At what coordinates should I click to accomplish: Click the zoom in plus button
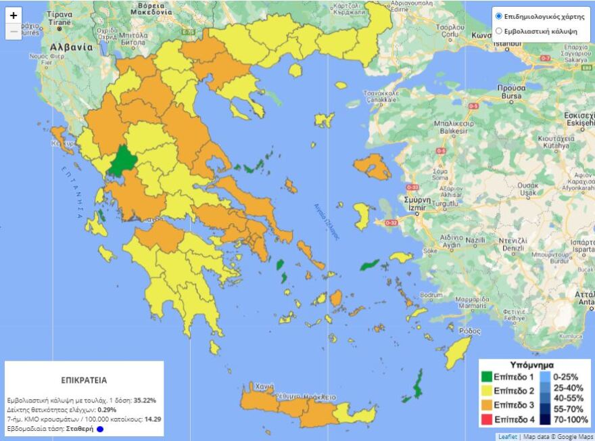click(14, 16)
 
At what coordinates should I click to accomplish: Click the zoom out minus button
click(14, 32)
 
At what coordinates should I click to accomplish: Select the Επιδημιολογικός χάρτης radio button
click(499, 16)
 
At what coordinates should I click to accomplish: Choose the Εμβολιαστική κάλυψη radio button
click(499, 31)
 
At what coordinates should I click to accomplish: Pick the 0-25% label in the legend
click(567, 377)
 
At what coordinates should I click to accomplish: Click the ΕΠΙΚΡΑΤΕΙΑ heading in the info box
click(84, 380)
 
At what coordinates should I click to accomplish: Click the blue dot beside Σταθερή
click(99, 429)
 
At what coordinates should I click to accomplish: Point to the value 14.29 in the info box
click(153, 419)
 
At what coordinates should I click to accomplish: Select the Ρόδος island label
click(469, 331)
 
